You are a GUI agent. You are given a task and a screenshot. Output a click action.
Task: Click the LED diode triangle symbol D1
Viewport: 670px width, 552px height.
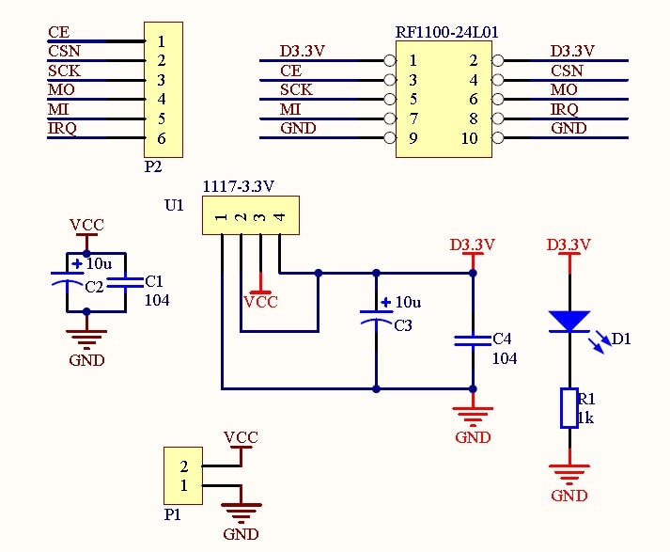coord(569,322)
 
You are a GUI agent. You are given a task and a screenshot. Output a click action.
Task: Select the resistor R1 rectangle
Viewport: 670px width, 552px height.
coord(569,408)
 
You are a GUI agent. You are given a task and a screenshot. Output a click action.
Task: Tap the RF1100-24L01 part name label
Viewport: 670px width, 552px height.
coord(446,33)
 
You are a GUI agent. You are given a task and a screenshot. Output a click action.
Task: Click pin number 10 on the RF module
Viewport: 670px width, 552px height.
coord(469,138)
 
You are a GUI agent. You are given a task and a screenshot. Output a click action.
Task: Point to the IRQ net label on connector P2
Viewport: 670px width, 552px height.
coord(62,128)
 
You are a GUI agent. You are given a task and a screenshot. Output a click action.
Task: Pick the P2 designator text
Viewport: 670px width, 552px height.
coord(153,166)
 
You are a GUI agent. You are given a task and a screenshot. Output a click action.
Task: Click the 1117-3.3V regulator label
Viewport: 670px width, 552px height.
coord(238,186)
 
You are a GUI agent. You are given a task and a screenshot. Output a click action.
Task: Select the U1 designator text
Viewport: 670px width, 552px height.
coord(174,206)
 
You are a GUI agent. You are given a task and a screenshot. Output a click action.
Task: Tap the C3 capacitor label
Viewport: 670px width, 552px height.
coord(403,325)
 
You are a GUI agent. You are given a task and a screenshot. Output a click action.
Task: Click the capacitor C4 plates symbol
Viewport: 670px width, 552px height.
coord(473,340)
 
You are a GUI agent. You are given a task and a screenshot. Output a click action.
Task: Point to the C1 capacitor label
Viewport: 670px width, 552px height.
coord(154,281)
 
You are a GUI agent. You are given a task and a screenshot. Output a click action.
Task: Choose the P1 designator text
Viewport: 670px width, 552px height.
coord(173,514)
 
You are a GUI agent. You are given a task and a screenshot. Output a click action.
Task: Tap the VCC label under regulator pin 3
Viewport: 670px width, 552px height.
coord(260,302)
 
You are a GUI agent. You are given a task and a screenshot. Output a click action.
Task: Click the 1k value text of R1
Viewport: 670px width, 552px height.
coord(585,418)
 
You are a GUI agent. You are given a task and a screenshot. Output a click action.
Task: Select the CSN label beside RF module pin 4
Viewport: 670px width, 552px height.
coord(567,71)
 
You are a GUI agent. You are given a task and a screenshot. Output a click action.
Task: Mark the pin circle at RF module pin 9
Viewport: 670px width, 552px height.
coord(390,138)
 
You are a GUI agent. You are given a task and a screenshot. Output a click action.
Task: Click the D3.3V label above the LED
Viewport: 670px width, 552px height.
coord(569,245)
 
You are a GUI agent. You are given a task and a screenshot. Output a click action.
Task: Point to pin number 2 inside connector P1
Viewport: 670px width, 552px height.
coord(184,466)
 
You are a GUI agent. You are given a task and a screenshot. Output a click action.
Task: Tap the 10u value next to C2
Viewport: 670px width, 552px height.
coord(99,264)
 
